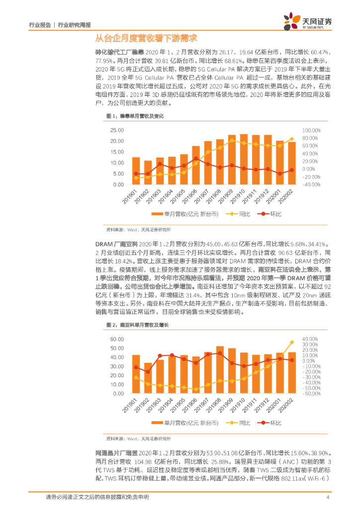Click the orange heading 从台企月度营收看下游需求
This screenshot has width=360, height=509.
[x=146, y=38]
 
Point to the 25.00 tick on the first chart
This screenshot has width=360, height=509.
[x=117, y=130]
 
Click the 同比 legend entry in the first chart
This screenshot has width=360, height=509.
[x=239, y=214]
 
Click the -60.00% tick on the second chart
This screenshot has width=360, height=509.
[x=313, y=393]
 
